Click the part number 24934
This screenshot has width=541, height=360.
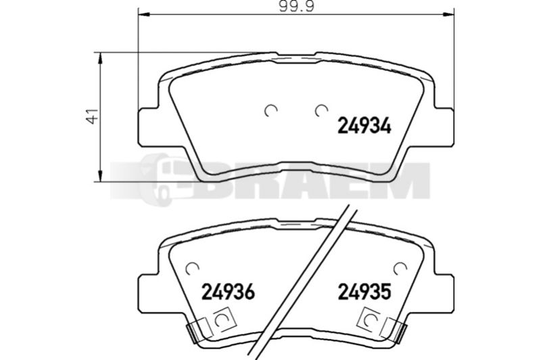point(364,125)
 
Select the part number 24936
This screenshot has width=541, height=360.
point(228,292)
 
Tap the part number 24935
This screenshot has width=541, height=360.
point(364,292)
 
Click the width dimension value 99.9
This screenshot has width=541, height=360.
point(297,6)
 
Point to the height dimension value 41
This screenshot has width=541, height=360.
point(93,116)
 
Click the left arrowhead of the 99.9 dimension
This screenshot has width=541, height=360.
point(145,14)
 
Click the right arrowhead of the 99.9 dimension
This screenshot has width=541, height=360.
point(448,14)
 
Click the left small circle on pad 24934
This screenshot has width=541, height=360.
point(271,110)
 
